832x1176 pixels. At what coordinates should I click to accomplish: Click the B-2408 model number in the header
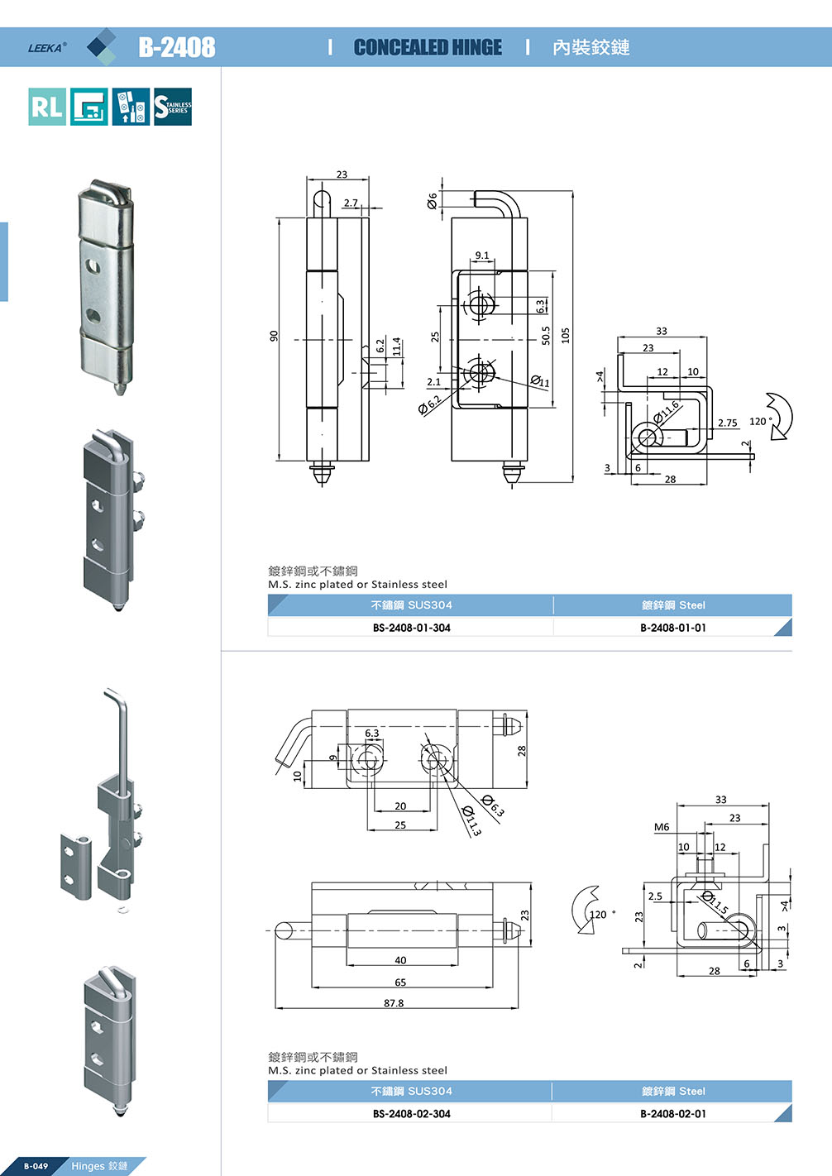pyautogui.click(x=176, y=47)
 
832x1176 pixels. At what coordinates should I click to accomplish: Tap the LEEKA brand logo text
pyautogui.click(x=46, y=48)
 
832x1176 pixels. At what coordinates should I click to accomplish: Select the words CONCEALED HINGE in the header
pyautogui.click(x=428, y=48)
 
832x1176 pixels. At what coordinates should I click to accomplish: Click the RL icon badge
pyautogui.click(x=46, y=107)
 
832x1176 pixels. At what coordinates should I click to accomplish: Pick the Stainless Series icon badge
pyautogui.click(x=173, y=107)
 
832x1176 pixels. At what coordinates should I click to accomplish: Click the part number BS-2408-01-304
pyautogui.click(x=411, y=628)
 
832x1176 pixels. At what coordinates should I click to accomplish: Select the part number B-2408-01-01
pyautogui.click(x=672, y=628)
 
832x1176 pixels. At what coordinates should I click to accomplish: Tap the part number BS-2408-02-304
pyautogui.click(x=411, y=1114)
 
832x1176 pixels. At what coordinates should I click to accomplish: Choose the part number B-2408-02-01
pyautogui.click(x=672, y=1114)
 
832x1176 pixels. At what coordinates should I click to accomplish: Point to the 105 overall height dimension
pyautogui.click(x=566, y=335)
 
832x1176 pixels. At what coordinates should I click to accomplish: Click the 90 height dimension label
pyautogui.click(x=274, y=336)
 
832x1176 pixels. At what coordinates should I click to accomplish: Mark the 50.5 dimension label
pyautogui.click(x=546, y=335)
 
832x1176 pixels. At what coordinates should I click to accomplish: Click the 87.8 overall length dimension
pyautogui.click(x=394, y=1003)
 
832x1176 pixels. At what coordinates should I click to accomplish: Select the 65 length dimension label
pyautogui.click(x=400, y=982)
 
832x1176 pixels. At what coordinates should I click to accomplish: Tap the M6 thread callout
pyautogui.click(x=662, y=827)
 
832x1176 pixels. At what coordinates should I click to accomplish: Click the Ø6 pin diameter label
pyautogui.click(x=432, y=201)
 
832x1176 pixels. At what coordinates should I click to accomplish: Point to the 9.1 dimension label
pyautogui.click(x=482, y=256)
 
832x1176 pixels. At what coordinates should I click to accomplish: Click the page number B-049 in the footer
pyautogui.click(x=36, y=1166)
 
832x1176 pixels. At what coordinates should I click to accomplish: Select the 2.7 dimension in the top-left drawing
pyautogui.click(x=351, y=203)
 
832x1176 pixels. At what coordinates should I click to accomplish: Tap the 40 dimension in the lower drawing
pyautogui.click(x=400, y=960)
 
